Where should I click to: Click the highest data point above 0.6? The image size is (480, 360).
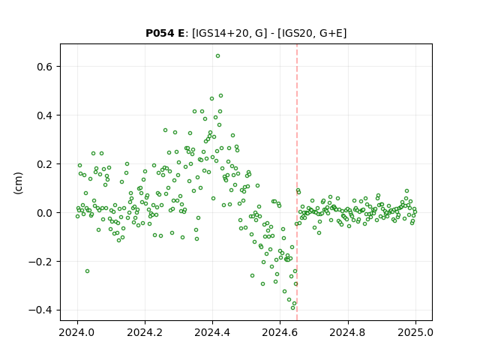[x=217, y=56]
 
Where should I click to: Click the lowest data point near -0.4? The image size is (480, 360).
[x=292, y=307]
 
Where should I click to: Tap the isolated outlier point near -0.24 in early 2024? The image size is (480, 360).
[x=87, y=271]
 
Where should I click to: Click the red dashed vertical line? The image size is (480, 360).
[x=297, y=182]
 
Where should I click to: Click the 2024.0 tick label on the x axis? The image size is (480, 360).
[x=77, y=332]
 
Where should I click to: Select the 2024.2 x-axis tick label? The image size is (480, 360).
[x=145, y=332]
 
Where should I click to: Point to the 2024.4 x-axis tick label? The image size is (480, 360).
[x=212, y=332]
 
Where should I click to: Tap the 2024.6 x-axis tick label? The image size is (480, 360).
[x=280, y=332]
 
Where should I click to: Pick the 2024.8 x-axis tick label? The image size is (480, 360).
[x=347, y=332]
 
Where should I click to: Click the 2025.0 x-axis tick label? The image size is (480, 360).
[x=415, y=332]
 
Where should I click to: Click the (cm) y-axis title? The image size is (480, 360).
[x=18, y=183]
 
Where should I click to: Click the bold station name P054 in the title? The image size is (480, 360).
[x=160, y=33]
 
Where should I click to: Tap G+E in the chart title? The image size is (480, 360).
[x=331, y=33]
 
